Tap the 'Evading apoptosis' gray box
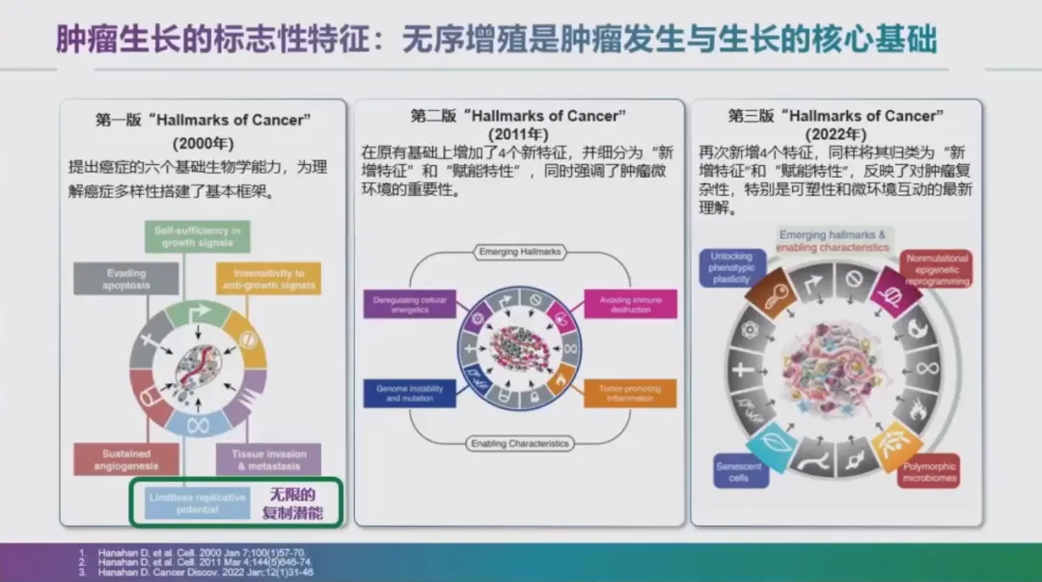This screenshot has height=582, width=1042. pos(112,279)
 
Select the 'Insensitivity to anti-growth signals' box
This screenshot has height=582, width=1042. pos(268,279)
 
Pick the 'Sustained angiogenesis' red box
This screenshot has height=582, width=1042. pos(113,459)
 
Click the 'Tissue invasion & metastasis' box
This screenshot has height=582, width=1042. pos(268,459)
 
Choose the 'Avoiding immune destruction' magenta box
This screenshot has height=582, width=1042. pos(630,305)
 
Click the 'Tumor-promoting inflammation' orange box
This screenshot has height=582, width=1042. pos(630,394)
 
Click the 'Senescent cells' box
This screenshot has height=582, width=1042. pos(740,472)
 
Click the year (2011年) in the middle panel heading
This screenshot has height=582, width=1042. pos(519,134)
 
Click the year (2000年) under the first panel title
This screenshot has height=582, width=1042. pos(203,142)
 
